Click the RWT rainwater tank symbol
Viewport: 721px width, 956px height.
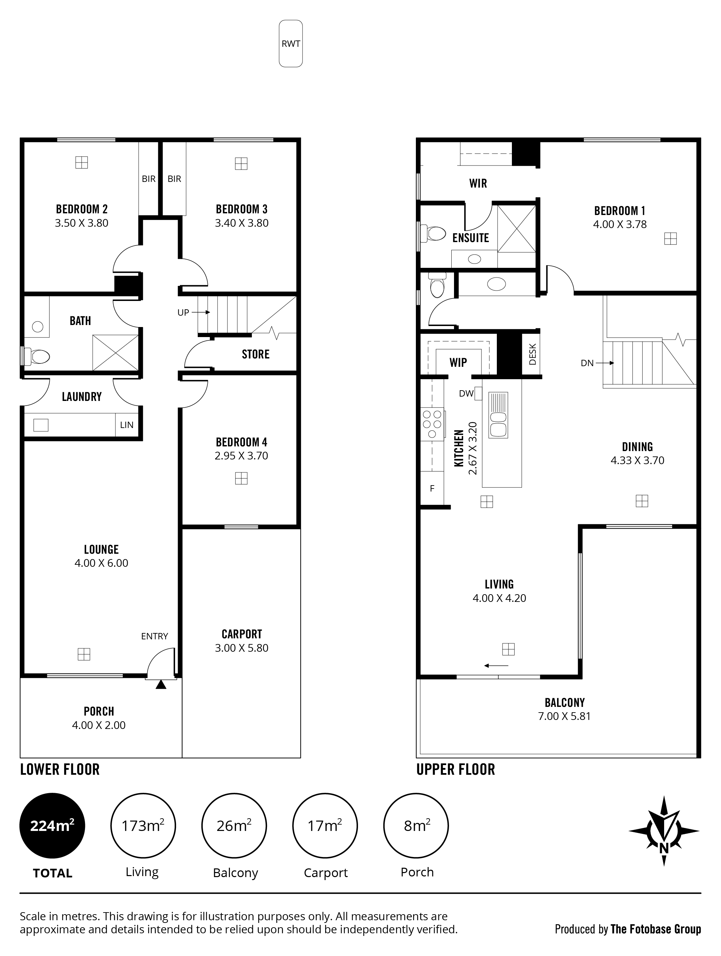pos(291,44)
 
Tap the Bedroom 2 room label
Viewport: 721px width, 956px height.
pos(82,209)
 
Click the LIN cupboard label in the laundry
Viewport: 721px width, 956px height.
pos(127,425)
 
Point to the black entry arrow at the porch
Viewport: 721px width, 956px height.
pos(161,684)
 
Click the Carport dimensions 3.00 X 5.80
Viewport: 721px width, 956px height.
pos(242,648)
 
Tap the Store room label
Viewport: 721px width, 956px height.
pos(256,354)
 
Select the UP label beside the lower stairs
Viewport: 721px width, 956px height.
pos(183,312)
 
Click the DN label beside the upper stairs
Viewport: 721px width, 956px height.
pos(588,363)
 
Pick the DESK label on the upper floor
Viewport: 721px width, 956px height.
pos(532,354)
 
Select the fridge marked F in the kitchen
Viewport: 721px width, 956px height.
pos(432,489)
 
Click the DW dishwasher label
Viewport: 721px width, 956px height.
pos(466,394)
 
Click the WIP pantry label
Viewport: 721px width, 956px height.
pos(458,362)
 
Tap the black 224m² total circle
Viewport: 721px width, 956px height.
pos(52,826)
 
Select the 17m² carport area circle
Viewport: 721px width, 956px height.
pos(325,826)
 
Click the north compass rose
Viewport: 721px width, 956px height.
pos(664,831)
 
